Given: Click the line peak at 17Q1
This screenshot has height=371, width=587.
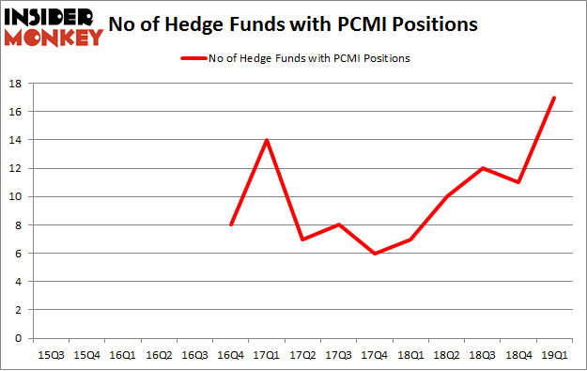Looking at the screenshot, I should click(x=266, y=140).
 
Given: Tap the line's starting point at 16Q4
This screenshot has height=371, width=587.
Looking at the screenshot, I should click(x=230, y=224).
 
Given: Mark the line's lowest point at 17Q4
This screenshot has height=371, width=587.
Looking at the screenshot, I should click(x=375, y=254).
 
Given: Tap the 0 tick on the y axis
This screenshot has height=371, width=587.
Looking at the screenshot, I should click(x=19, y=338).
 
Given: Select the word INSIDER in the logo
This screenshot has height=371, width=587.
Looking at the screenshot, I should click(x=52, y=17).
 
